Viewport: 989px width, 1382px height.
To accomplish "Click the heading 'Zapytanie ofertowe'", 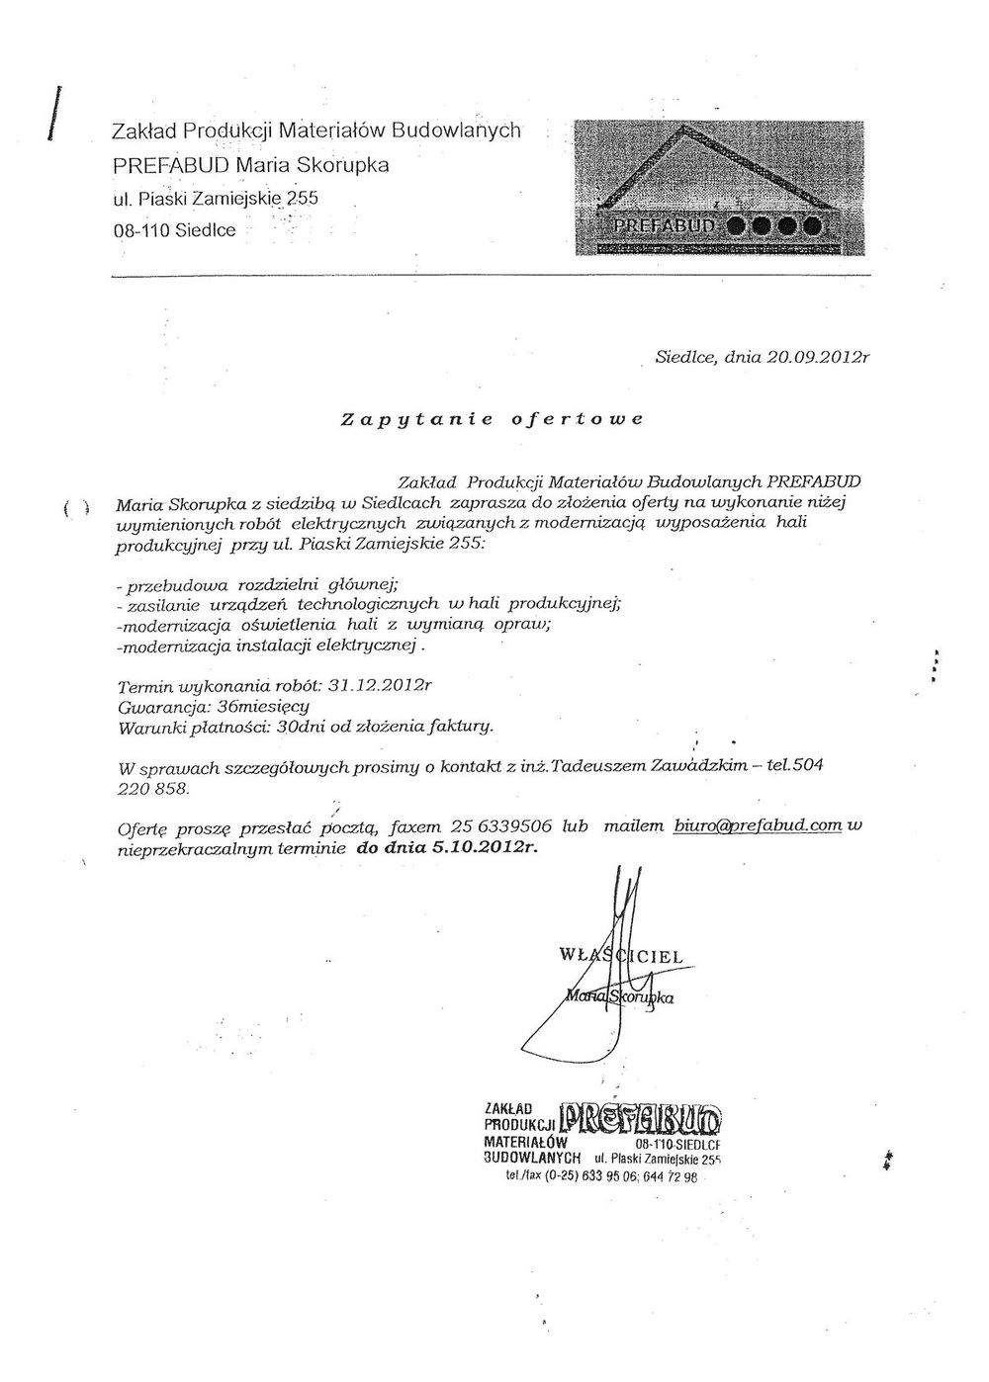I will [492, 418].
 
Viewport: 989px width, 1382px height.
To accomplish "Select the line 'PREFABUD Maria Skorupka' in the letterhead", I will [250, 164].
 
